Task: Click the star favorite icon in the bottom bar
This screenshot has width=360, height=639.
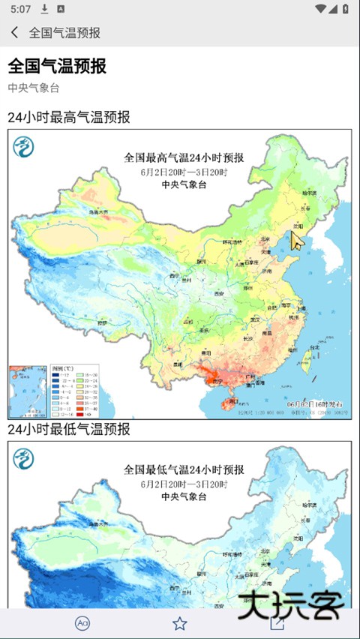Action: tap(179, 623)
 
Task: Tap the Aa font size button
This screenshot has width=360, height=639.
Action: tap(82, 623)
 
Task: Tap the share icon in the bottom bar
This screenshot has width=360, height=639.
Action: tap(277, 623)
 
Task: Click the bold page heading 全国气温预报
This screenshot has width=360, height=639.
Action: tap(57, 66)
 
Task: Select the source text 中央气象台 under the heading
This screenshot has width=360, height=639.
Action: tap(33, 88)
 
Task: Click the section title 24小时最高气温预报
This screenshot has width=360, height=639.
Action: tap(69, 117)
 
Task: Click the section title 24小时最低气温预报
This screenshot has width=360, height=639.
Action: tap(69, 429)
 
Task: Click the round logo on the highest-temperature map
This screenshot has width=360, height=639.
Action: tap(25, 147)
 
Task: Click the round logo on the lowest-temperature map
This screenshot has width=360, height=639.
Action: tap(25, 459)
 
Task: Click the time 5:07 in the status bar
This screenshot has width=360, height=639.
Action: tap(21, 9)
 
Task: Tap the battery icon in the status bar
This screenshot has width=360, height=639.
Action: tap(343, 9)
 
